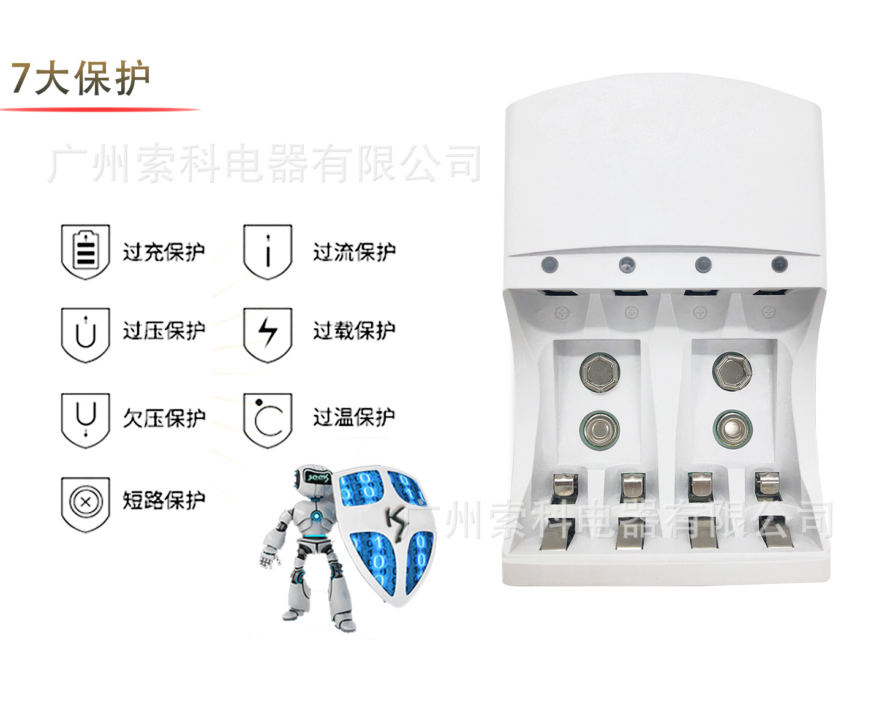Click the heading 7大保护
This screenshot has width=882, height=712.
(x=80, y=78)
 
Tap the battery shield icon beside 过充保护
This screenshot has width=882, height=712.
(x=85, y=252)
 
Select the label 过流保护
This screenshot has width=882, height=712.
(x=355, y=252)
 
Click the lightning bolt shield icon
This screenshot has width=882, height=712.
(x=268, y=335)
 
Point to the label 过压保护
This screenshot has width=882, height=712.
(x=164, y=331)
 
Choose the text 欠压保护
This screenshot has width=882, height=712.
(x=164, y=418)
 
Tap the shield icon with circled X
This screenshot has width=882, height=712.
(x=85, y=504)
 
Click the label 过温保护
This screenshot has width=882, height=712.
(x=355, y=417)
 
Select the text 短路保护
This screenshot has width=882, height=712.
(x=164, y=501)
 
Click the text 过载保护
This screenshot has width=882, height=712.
(x=355, y=331)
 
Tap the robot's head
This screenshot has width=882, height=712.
(x=313, y=478)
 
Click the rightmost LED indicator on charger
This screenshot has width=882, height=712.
(x=779, y=264)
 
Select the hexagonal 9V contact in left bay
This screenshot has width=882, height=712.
(x=600, y=373)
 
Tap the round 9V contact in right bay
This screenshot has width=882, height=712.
(x=733, y=429)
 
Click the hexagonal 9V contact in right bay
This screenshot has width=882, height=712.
(x=733, y=371)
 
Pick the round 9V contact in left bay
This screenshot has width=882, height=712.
(x=599, y=430)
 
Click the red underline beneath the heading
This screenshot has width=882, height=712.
(x=100, y=110)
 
